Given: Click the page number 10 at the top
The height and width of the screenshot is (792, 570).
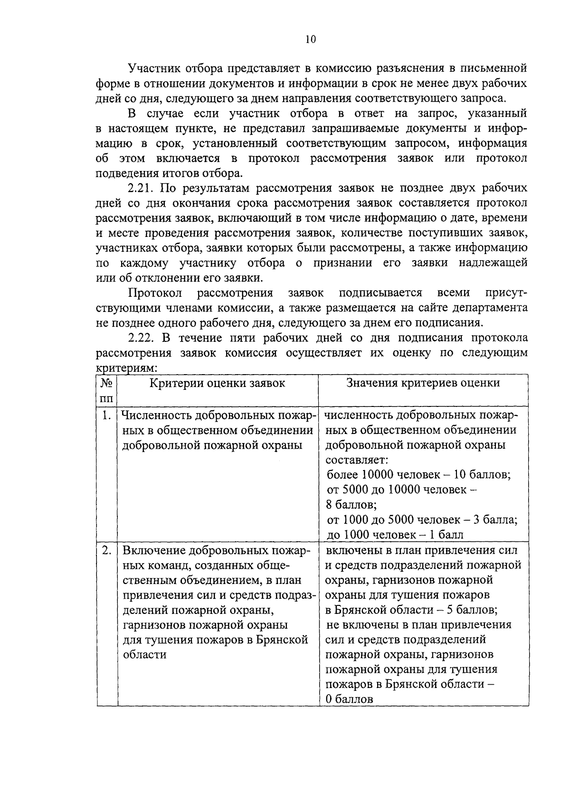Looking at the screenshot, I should pos(310,39).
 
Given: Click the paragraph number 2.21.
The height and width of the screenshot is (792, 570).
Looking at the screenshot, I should pos(142,188).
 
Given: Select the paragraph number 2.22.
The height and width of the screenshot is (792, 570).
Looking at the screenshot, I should pos(142,338).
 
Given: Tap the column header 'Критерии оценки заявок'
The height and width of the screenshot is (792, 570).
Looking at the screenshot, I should pos(218,383).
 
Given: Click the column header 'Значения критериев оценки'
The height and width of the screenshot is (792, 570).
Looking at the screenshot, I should pos(423,383).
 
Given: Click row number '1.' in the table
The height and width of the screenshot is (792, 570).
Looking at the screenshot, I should pos(106,415).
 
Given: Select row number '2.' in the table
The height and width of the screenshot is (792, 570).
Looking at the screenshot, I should pos(106,550).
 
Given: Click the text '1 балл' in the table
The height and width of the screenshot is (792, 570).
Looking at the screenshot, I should pos(446,535).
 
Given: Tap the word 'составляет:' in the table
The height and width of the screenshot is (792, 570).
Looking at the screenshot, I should pos(357,460).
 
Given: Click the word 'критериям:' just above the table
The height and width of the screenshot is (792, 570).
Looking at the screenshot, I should pos(127,368).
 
